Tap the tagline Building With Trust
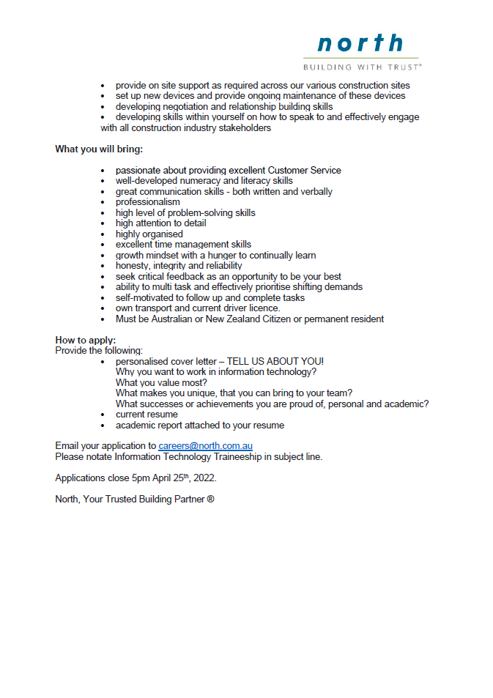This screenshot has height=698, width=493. [x=362, y=67]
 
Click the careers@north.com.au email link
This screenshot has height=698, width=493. [x=205, y=446]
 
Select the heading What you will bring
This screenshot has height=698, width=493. [x=99, y=149]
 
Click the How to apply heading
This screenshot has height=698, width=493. [x=85, y=341]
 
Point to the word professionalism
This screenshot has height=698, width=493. [x=147, y=202]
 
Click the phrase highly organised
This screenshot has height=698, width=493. [x=149, y=234]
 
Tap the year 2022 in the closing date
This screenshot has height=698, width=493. [x=204, y=478]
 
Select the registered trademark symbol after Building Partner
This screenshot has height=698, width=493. [x=210, y=500]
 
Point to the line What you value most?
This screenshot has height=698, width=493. [x=161, y=383]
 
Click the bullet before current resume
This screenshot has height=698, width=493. [x=103, y=415]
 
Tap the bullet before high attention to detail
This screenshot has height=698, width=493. [x=103, y=224]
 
